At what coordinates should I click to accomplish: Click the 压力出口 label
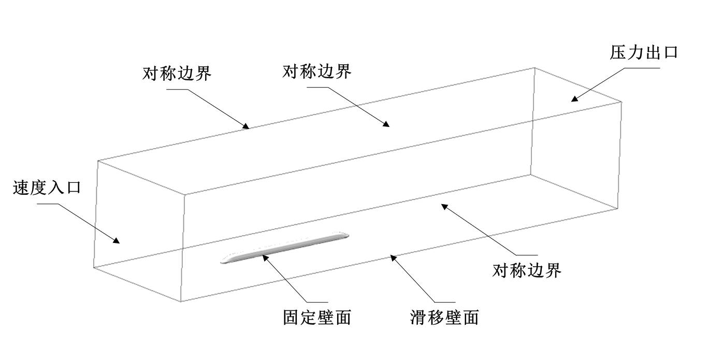[x=644, y=52]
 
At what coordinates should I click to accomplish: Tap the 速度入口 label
[x=47, y=187]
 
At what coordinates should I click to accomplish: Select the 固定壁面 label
[x=317, y=317]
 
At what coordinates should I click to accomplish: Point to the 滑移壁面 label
[x=444, y=317]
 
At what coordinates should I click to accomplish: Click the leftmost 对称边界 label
[x=177, y=73]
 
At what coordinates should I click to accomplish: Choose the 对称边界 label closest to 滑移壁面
[x=527, y=270]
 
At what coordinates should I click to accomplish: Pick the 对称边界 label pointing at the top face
[x=317, y=71]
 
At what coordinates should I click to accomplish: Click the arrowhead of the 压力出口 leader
[x=573, y=98]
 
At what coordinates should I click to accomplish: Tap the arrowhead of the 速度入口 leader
[x=117, y=241]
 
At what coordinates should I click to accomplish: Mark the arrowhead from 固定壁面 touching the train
[x=264, y=256]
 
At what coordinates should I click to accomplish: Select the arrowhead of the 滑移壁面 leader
[x=393, y=257]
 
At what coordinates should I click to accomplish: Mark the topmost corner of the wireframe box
[x=534, y=67]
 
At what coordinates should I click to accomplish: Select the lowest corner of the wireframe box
[x=180, y=302]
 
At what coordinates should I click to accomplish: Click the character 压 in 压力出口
[x=618, y=52]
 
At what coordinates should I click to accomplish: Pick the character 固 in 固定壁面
[x=291, y=317]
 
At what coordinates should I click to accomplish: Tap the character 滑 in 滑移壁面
[x=418, y=317]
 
